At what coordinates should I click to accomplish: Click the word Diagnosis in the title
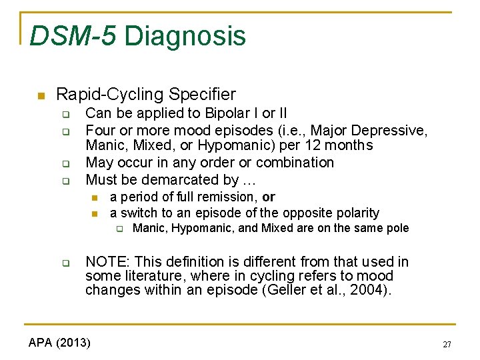185,36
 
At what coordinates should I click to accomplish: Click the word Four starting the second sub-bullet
100,130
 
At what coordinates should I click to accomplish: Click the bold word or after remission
269,197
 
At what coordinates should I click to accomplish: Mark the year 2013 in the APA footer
75,343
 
